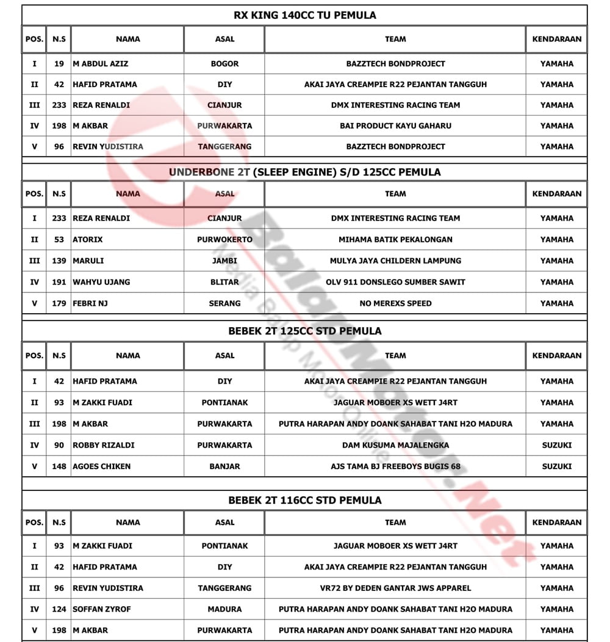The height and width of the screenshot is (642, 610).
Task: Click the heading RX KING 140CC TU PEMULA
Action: [304, 15]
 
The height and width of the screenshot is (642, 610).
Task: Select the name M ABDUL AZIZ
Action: [101, 63]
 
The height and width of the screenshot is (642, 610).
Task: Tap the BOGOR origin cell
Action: [224, 63]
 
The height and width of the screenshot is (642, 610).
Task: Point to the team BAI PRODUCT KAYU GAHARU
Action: [395, 125]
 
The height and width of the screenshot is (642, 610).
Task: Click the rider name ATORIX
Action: [88, 239]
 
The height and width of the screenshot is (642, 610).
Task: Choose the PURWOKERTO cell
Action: [224, 239]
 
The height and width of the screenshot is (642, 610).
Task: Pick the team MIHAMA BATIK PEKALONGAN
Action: [395, 239]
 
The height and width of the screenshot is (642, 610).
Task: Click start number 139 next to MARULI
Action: [59, 261]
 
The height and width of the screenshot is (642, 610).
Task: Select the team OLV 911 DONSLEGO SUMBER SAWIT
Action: [395, 282]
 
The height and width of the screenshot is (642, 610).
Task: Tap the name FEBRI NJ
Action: [90, 303]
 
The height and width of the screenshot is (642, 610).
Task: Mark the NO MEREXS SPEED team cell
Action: [395, 303]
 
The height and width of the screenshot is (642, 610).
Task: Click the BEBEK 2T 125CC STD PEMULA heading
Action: [304, 331]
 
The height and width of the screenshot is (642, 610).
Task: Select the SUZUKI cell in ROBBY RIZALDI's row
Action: [556, 445]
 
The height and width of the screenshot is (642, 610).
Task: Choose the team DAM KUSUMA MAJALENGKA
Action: [395, 445]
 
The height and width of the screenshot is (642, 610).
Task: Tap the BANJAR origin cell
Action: [224, 467]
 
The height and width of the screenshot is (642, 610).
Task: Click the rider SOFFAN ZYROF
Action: [102, 609]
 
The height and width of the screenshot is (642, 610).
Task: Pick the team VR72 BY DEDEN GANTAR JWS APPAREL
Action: [395, 588]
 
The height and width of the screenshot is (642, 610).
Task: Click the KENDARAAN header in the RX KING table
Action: [556, 39]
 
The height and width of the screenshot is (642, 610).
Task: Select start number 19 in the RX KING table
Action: [59, 63]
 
